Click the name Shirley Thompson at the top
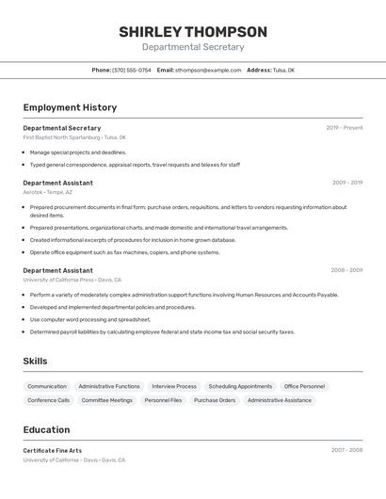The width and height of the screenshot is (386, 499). pyautogui.click(x=193, y=32)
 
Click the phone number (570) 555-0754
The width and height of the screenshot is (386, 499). pyautogui.click(x=132, y=70)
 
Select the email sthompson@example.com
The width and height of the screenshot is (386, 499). pyautogui.click(x=208, y=70)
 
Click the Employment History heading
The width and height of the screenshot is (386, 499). pyautogui.click(x=70, y=107)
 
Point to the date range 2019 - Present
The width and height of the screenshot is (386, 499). pyautogui.click(x=345, y=128)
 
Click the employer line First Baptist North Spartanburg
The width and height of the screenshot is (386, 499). pyautogui.click(x=74, y=137)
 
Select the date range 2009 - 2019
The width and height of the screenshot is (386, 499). pyautogui.click(x=347, y=183)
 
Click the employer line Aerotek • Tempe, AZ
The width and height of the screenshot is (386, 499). pyautogui.click(x=48, y=192)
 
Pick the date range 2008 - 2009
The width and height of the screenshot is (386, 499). pyautogui.click(x=346, y=270)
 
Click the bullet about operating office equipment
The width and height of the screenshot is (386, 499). pyautogui.click(x=125, y=252)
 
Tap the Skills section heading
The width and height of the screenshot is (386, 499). pyautogui.click(x=36, y=361)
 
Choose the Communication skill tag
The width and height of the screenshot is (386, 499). pyautogui.click(x=47, y=386)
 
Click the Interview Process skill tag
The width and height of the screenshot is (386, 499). pyautogui.click(x=174, y=386)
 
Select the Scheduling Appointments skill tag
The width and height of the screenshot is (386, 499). pyautogui.click(x=240, y=386)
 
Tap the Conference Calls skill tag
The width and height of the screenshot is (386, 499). pyautogui.click(x=49, y=400)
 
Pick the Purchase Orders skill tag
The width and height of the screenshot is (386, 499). pyautogui.click(x=215, y=400)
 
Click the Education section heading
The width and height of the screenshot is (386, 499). pyautogui.click(x=47, y=429)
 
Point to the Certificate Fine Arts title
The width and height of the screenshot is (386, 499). pyautogui.click(x=53, y=451)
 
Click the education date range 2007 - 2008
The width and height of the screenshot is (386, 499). pyautogui.click(x=346, y=451)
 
